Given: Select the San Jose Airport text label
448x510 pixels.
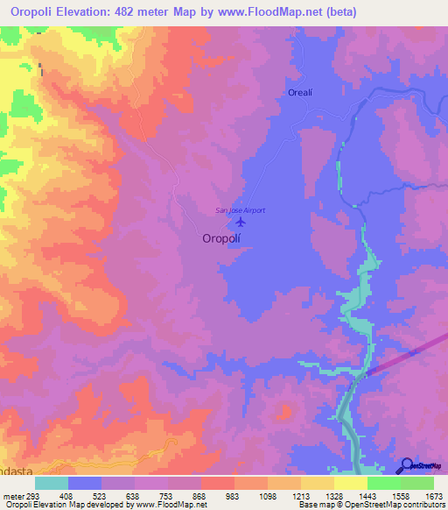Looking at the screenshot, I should point(241,209).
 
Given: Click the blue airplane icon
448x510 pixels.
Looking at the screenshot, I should point(241,220).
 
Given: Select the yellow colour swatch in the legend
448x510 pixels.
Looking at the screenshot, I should point(350,483).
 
